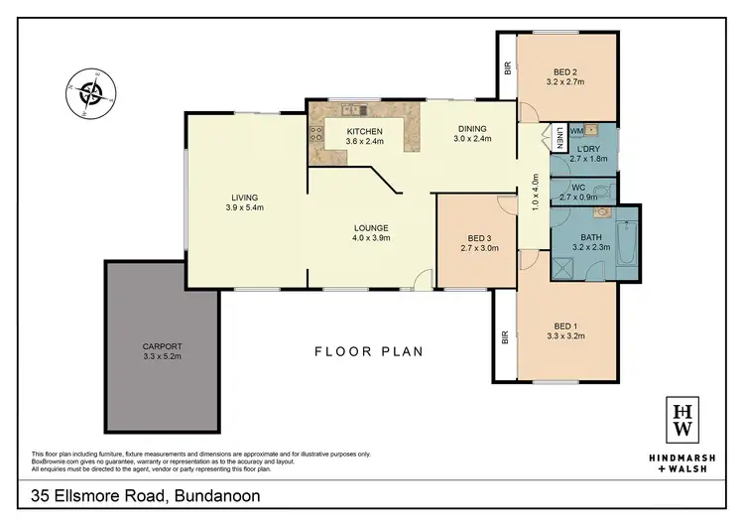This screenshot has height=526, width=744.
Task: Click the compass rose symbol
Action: click(x=92, y=94)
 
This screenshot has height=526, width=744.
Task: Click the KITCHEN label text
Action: click(x=364, y=132)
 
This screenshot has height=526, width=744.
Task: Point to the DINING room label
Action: click(x=472, y=128)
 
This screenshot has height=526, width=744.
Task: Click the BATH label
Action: click(x=592, y=236)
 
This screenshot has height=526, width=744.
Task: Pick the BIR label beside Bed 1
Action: click(x=506, y=337)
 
